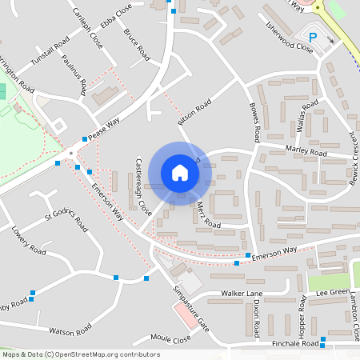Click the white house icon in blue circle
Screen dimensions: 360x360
tap(180, 172)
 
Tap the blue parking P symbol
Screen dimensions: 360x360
tap(313, 37)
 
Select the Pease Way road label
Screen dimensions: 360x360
tap(104, 129)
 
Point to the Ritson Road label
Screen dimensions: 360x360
tap(194, 112)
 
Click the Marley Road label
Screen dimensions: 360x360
tap(306, 151)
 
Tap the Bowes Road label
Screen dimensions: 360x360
tap(255, 118)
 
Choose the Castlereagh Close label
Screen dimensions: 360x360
tap(144, 185)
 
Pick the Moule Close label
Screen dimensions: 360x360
tap(170, 339)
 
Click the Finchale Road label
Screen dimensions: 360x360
tap(295, 343)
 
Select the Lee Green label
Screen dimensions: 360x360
tap(333, 293)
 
